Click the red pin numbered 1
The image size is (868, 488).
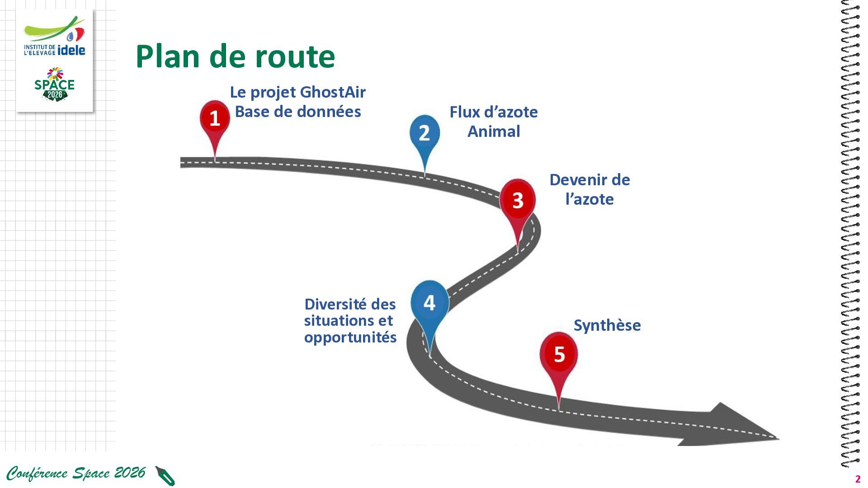click(x=215, y=119)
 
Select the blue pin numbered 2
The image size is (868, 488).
click(x=425, y=133)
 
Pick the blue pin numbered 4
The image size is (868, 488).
click(x=429, y=303)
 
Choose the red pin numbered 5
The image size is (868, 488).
click(x=559, y=354)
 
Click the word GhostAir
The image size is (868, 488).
click(x=333, y=92)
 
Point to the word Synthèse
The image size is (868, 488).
click(x=607, y=325)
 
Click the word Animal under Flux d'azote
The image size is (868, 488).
click(x=494, y=131)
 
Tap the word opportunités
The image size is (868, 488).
click(x=350, y=338)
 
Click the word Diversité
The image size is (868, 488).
click(x=335, y=304)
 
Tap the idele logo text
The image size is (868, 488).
click(x=71, y=50)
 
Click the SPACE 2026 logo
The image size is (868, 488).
click(x=55, y=84)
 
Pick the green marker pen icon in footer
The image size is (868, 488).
click(x=165, y=476)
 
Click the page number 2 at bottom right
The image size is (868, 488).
click(x=858, y=479)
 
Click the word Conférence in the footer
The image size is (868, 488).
click(x=37, y=473)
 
